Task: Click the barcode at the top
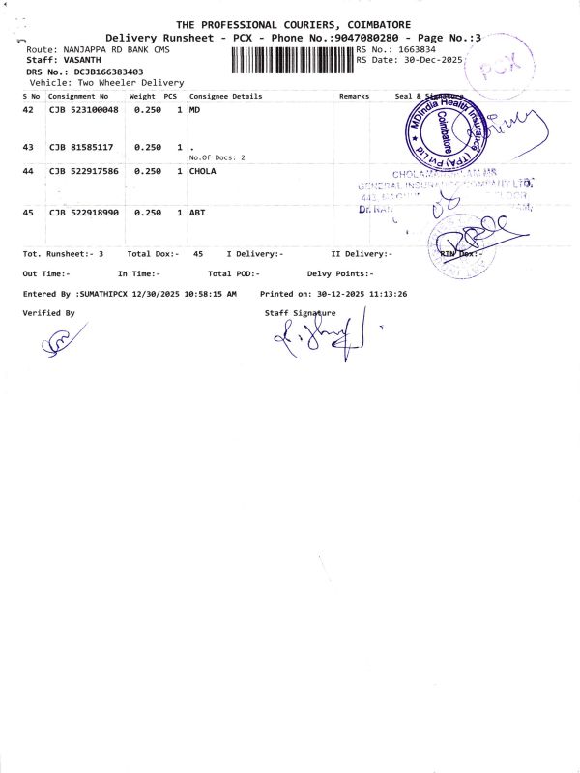(293, 60)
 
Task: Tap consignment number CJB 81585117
(81, 147)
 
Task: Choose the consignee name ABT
(197, 212)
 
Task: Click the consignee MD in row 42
(194, 110)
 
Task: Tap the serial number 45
(28, 212)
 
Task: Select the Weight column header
(142, 97)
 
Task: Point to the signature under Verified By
(64, 341)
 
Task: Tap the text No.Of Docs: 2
(217, 157)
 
